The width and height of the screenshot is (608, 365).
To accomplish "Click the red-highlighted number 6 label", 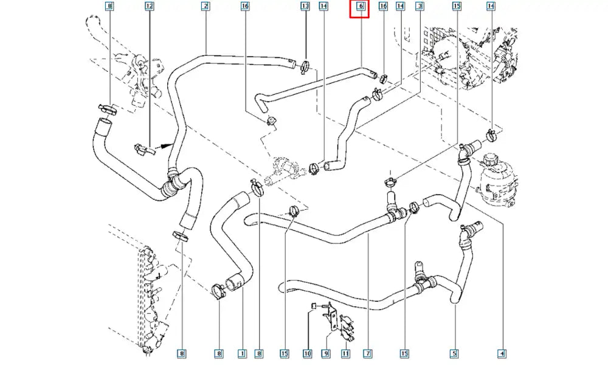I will coord(360,7).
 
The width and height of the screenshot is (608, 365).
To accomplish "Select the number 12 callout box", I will coord(150,7).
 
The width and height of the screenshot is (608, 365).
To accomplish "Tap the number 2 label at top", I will coord(206,7).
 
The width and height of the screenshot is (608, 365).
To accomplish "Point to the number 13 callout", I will coord(305,7).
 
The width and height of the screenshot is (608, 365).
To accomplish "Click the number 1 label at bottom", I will coord(241,353).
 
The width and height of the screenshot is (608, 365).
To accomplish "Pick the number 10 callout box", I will coord(308,353).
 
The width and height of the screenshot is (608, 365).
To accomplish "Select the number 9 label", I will coord(326,353).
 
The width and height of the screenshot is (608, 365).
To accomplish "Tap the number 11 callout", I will coord(345,353).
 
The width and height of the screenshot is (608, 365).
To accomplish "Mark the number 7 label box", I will coord(368,353).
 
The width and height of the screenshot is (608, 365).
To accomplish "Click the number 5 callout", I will coord(454,353).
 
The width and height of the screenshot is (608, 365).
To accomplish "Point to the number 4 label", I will coord(502,353).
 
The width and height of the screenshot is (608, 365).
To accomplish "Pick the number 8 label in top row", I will coord(109,7).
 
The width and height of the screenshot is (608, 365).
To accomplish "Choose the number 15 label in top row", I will coord(457,7).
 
